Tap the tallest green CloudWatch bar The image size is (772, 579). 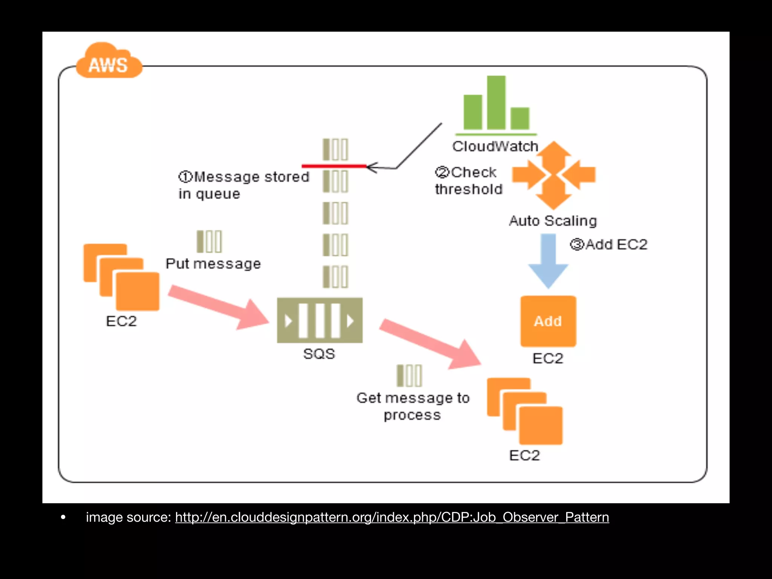496,102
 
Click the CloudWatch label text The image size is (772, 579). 495,146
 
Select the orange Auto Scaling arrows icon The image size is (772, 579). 553,175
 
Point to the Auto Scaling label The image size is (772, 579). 553,221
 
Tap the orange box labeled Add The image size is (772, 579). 548,321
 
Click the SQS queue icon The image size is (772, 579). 320,320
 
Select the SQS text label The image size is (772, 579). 319,354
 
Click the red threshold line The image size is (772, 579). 334,165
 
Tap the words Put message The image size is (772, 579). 213,263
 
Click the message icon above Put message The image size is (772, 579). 210,242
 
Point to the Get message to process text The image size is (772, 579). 413,406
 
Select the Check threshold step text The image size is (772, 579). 469,181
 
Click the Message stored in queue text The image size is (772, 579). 243,185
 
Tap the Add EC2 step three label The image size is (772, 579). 609,245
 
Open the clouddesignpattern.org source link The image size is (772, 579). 392,517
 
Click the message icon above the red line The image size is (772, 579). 335,150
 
